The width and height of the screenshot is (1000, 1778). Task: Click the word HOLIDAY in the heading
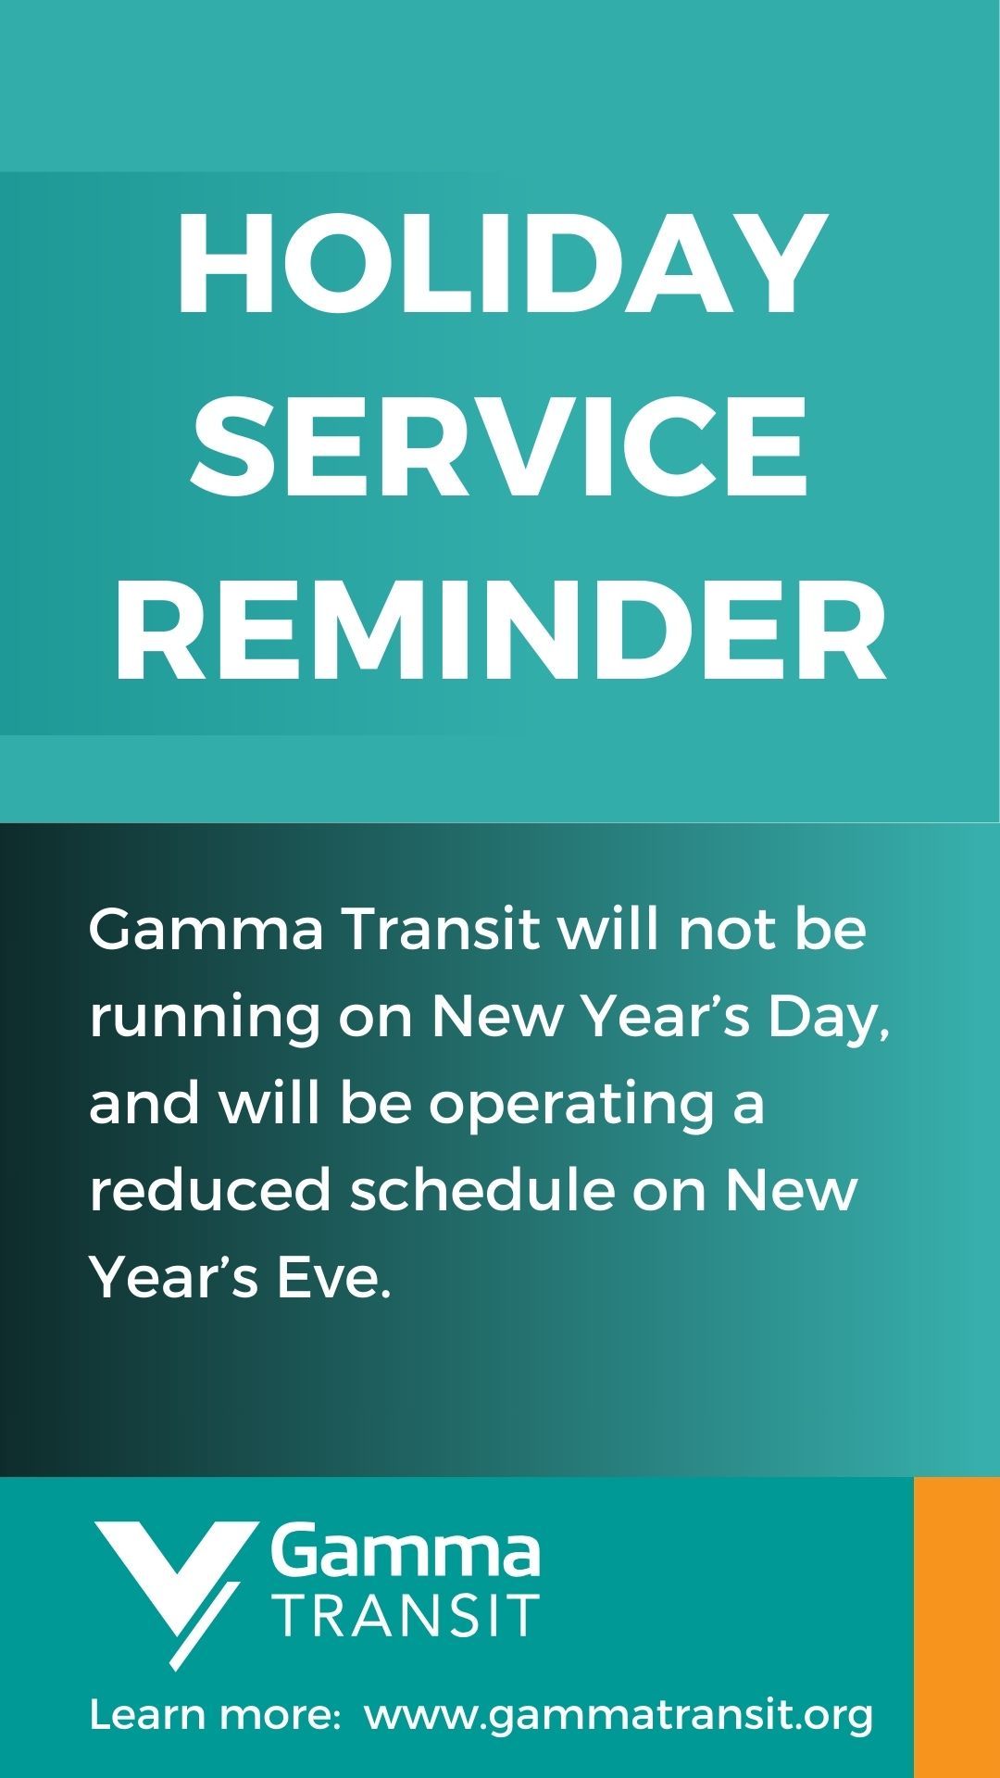pos(501,264)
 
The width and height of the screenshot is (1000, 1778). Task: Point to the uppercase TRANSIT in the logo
pos(408,1615)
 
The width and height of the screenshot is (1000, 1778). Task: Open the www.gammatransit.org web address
pos(619,1716)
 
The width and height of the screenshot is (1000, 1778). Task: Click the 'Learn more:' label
pos(216,1714)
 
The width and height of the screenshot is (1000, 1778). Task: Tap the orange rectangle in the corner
pos(957,1627)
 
